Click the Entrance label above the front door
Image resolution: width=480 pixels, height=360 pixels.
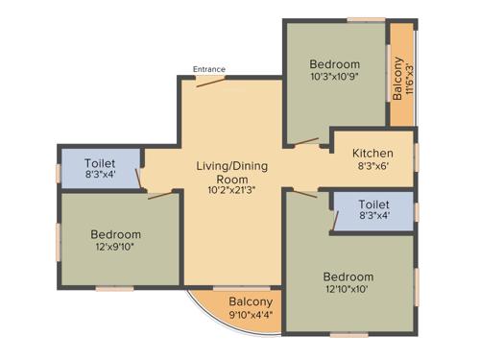tap(209, 69)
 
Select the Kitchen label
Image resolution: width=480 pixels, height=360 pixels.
tap(372, 153)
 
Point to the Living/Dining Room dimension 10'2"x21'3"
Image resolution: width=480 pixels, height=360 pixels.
tap(231, 190)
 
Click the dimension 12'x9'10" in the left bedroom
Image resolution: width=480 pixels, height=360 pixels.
tap(116, 247)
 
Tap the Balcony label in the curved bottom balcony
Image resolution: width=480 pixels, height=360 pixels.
tap(236, 301)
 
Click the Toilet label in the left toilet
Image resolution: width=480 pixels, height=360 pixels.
tap(100, 163)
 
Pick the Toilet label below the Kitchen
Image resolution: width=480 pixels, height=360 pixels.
tap(373, 204)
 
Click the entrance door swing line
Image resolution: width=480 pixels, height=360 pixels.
tap(213, 83)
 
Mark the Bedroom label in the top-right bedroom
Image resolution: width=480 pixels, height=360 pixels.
tap(334, 63)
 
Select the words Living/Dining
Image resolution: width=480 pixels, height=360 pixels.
tap(231, 166)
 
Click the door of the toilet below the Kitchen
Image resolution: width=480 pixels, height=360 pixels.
tap(333, 219)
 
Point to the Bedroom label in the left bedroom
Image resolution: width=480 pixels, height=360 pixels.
tap(116, 234)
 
